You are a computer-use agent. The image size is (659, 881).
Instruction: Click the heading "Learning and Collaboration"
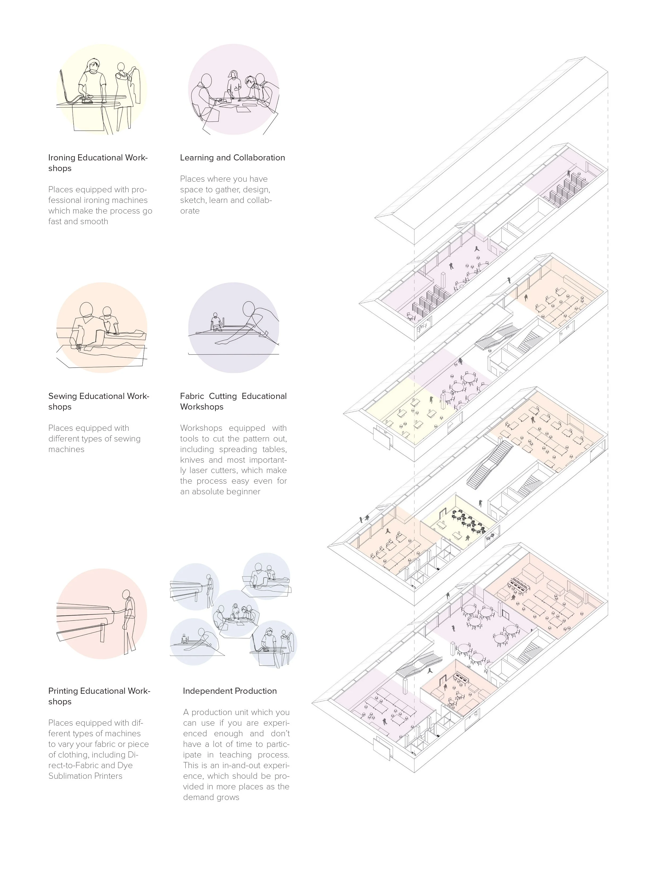coord(232,158)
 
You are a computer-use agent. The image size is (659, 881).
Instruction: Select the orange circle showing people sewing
coord(102,327)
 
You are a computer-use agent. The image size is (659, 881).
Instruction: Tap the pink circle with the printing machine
coord(102,613)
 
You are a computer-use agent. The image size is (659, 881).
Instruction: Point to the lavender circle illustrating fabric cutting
coord(234,327)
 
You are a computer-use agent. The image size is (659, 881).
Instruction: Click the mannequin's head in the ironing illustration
coord(120,66)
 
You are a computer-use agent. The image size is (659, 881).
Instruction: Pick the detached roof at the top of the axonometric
coord(490,151)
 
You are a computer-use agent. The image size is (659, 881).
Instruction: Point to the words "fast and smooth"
coord(78,222)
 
